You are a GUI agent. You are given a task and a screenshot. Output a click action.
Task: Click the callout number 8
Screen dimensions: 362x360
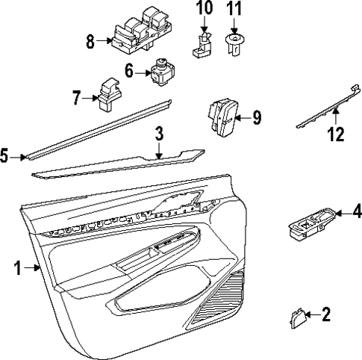90,42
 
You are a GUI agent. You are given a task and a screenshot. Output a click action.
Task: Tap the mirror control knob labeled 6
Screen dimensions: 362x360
163,72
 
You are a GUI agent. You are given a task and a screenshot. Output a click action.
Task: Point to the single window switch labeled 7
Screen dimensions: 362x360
109,95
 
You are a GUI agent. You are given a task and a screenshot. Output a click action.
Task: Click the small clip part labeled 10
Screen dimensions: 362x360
202,45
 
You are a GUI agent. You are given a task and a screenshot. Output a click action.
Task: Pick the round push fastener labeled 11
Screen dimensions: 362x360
234,45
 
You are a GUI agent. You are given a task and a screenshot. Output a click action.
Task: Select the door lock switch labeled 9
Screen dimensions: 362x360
222,117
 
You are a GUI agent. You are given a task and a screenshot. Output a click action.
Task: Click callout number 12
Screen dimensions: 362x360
336,134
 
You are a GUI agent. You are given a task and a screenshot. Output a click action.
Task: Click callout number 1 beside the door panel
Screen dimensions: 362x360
17,268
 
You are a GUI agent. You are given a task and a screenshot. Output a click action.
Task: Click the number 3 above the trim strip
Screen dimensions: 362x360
159,133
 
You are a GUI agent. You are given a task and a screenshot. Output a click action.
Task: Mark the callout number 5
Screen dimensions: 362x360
4,156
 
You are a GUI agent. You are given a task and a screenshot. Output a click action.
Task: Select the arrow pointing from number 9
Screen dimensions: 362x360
244,118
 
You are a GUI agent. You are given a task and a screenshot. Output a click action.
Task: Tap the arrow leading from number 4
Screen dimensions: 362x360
343,214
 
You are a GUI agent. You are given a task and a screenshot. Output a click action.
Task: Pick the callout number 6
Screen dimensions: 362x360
129,71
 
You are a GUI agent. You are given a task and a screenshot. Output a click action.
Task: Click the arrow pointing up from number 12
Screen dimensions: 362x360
336,117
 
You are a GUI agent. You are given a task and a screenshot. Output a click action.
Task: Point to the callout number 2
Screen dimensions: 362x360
326,314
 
